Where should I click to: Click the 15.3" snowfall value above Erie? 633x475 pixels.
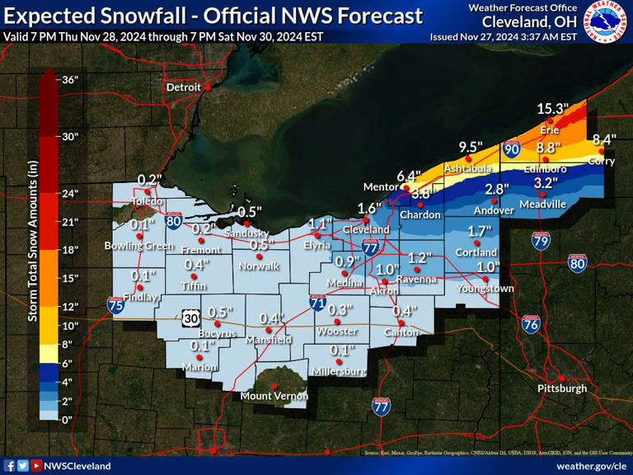[x=553, y=109]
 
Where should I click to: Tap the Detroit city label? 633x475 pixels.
[x=183, y=87]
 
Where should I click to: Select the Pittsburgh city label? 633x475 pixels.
[x=561, y=388]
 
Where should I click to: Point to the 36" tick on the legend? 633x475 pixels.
[x=70, y=79]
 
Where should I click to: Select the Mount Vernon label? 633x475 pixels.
[x=273, y=396]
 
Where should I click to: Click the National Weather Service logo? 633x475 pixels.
[x=606, y=22]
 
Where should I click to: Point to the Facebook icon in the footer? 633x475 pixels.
[x=9, y=465]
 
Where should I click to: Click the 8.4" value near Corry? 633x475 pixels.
[x=605, y=140]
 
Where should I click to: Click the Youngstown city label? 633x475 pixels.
[x=485, y=289]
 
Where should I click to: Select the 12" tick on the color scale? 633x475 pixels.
[x=70, y=307]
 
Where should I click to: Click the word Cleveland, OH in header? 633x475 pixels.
[x=522, y=21]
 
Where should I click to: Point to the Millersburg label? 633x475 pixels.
[x=338, y=372]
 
